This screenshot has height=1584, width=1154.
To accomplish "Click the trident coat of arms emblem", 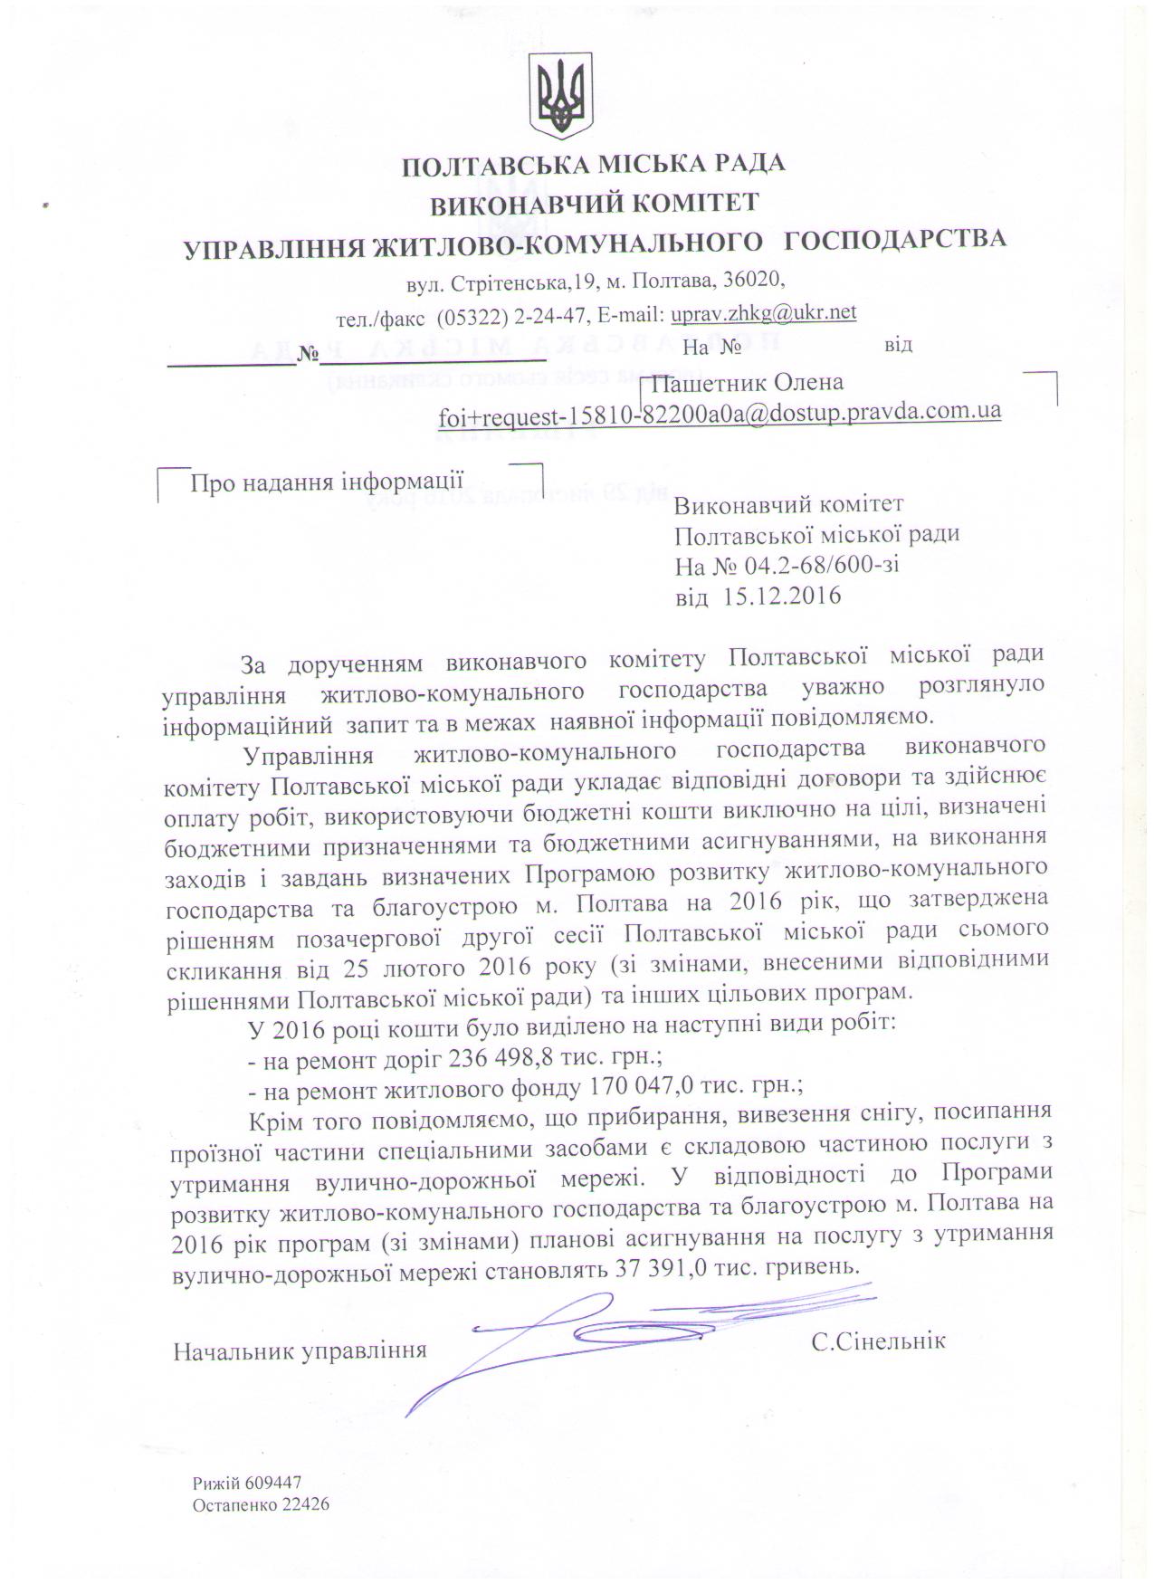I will click(559, 91).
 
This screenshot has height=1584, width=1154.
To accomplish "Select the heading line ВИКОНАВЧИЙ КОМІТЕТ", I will click(593, 204).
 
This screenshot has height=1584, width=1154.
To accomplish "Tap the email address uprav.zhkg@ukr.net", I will click(763, 313).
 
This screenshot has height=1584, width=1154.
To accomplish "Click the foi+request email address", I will click(720, 413).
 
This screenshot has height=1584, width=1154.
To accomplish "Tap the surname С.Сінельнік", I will click(878, 1341).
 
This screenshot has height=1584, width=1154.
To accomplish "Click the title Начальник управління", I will click(300, 1351).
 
